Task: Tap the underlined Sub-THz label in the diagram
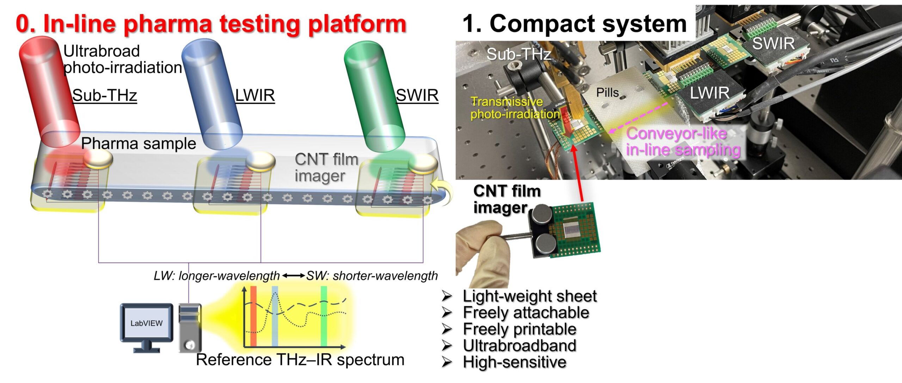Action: [x=105, y=95]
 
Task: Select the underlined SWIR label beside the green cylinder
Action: [x=417, y=95]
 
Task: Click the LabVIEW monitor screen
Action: [x=147, y=323]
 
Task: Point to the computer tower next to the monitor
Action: [x=190, y=327]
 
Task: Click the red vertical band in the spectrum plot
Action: [x=253, y=317]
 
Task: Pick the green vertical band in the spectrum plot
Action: [x=324, y=317]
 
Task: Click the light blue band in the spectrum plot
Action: [x=275, y=317]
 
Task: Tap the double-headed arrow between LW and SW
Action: [x=293, y=276]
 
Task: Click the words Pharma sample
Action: [x=138, y=144]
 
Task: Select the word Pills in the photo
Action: [x=607, y=93]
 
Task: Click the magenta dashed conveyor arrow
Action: [x=638, y=118]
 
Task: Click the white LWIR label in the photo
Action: [x=709, y=93]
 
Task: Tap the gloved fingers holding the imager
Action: [x=483, y=246]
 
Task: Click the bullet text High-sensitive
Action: [x=514, y=362]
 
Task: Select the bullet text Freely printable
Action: [x=519, y=329]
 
